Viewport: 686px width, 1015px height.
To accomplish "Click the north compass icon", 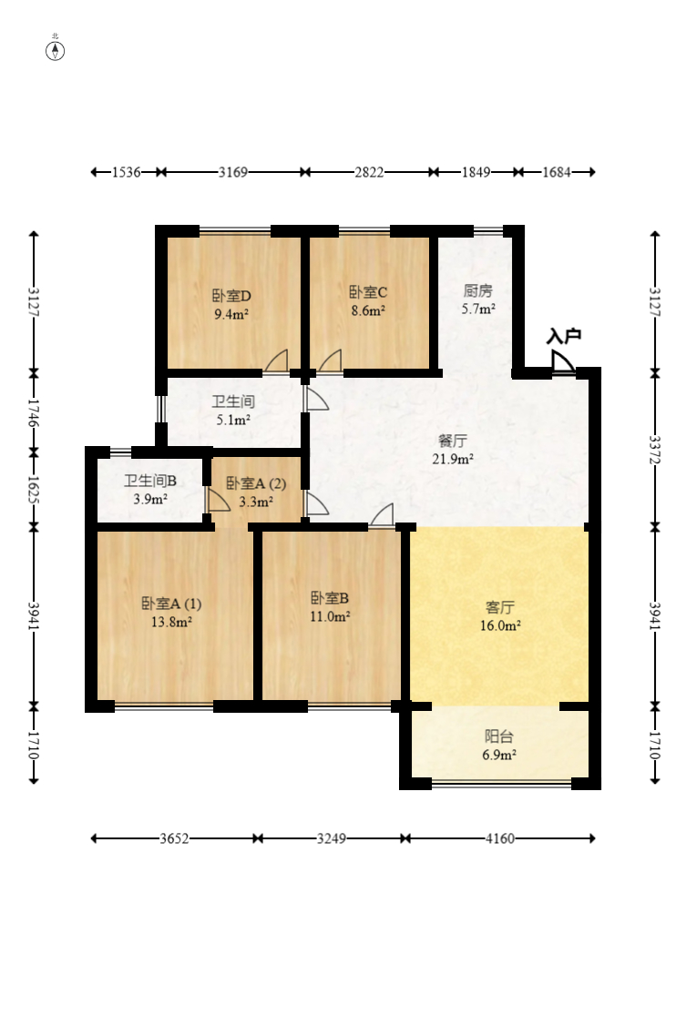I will [56, 49].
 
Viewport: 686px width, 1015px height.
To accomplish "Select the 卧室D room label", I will [231, 296].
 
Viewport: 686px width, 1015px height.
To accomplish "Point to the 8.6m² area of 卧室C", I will [368, 310].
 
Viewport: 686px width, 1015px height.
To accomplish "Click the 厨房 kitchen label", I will [478, 291].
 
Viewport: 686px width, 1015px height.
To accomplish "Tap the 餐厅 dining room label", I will [452, 441].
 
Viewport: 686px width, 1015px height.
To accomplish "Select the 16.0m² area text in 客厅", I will [501, 625].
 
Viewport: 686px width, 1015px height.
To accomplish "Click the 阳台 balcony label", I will [499, 736].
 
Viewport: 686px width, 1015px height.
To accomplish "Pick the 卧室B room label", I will [330, 598].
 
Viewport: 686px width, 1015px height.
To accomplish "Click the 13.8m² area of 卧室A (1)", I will [171, 622].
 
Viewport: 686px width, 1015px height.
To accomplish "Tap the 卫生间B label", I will [150, 482].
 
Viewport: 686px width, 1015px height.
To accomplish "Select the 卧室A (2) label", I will [256, 483].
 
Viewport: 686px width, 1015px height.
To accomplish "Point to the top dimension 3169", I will [233, 172].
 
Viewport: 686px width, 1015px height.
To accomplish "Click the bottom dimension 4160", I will [499, 838].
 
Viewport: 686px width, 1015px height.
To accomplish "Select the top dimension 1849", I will [476, 172].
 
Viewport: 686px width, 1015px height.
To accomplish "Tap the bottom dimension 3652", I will [173, 838].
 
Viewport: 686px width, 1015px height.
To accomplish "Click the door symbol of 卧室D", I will [276, 362].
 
